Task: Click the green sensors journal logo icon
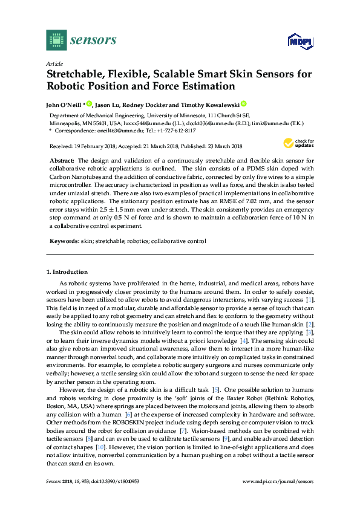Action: tap(56, 40)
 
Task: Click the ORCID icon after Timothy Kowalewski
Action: tap(244, 103)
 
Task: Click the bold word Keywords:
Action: tap(64, 241)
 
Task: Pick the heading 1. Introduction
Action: tap(67, 272)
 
